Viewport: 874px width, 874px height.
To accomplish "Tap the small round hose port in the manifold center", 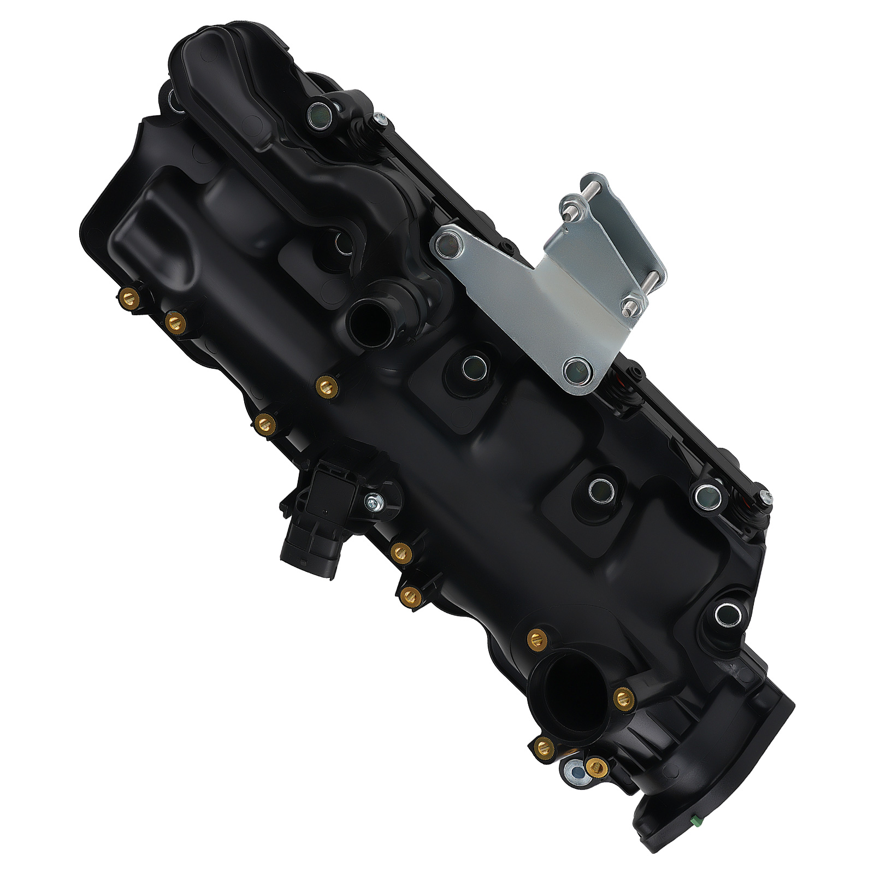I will [365, 318].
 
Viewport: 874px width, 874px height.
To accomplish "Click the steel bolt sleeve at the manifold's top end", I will [319, 114].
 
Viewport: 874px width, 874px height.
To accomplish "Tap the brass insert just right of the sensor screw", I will [401, 553].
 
